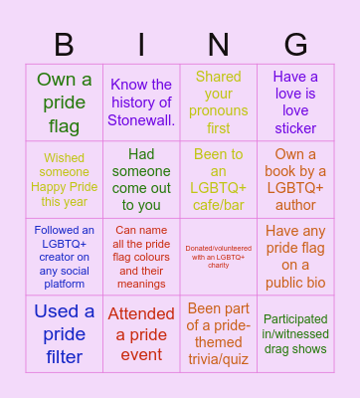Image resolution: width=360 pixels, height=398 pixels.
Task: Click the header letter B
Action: (x=65, y=45)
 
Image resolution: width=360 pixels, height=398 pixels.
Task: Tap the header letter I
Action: (x=141, y=45)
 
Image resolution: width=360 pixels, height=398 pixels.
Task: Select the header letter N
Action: (x=218, y=45)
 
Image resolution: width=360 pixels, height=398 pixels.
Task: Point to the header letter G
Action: (x=295, y=45)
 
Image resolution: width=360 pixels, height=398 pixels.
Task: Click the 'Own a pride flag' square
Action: (x=65, y=102)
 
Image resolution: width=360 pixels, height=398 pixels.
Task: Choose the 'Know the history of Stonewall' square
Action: (x=141, y=102)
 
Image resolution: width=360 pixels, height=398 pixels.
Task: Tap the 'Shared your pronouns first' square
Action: (x=218, y=102)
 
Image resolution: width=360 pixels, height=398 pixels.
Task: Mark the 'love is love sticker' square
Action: (x=295, y=102)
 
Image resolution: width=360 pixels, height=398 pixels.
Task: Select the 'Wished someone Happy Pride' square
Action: (x=65, y=179)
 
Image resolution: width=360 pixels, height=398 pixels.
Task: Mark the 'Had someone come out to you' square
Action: (x=141, y=179)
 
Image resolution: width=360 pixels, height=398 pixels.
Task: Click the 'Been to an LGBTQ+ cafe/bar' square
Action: (x=218, y=179)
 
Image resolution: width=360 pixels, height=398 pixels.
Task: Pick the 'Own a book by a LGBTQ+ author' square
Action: (x=295, y=179)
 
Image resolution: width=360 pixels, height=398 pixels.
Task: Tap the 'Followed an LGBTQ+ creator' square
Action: (x=65, y=257)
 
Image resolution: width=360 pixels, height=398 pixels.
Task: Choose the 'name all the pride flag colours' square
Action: (x=141, y=257)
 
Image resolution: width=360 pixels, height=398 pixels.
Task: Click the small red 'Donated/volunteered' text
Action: (x=218, y=257)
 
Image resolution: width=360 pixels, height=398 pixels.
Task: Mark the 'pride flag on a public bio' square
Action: (x=295, y=257)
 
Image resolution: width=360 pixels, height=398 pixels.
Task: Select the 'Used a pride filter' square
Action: (x=65, y=333)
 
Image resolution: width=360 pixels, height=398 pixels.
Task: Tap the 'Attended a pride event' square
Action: (x=141, y=333)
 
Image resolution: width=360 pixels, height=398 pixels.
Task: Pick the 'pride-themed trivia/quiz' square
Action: (x=218, y=333)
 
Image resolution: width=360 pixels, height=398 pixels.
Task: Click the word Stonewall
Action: (x=141, y=120)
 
